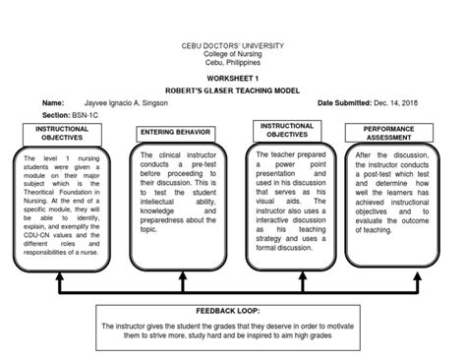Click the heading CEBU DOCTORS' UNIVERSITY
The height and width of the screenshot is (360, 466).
(x=232, y=45)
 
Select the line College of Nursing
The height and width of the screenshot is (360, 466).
(x=232, y=54)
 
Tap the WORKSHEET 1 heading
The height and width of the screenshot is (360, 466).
(x=232, y=76)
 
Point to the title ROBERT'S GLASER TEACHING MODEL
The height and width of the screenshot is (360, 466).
(x=232, y=89)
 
